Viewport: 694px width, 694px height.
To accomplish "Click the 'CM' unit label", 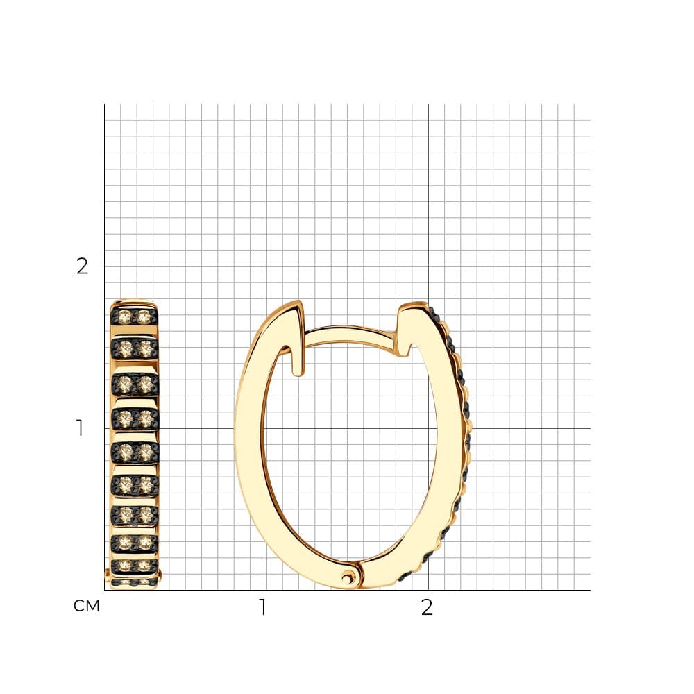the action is tap(87, 606).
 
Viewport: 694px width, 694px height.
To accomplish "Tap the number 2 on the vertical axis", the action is tap(83, 266).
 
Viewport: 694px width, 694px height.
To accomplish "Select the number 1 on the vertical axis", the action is tap(80, 428).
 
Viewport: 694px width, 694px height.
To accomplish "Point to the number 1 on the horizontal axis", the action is tap(263, 607).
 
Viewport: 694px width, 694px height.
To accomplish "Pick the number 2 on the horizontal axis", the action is tap(427, 607).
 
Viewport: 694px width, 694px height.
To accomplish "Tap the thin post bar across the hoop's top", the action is tap(350, 335).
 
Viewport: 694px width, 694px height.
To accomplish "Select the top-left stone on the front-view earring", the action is tap(125, 316).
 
